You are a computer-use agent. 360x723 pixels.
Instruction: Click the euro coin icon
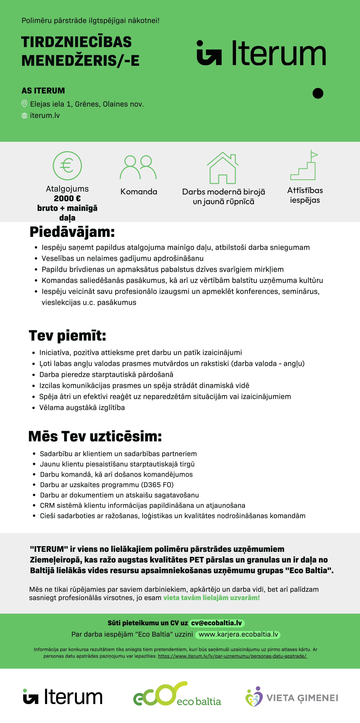pyautogui.click(x=67, y=166)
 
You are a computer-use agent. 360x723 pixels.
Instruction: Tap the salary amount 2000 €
pyautogui.click(x=67, y=198)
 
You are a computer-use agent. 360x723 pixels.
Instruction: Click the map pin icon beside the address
pyautogui.click(x=24, y=104)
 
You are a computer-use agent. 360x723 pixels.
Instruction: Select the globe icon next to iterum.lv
pyautogui.click(x=24, y=116)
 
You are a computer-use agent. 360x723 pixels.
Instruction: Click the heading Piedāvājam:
pyautogui.click(x=72, y=232)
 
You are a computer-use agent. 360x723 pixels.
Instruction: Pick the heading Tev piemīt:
pyautogui.click(x=67, y=336)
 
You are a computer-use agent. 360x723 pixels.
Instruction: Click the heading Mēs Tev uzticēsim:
pyautogui.click(x=95, y=436)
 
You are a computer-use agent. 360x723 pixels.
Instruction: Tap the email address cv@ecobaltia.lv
pyautogui.click(x=216, y=623)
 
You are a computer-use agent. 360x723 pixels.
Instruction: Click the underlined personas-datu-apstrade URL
pyautogui.click(x=233, y=656)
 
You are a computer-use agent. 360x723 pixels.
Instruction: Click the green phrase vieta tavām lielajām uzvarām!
pyautogui.click(x=212, y=598)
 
